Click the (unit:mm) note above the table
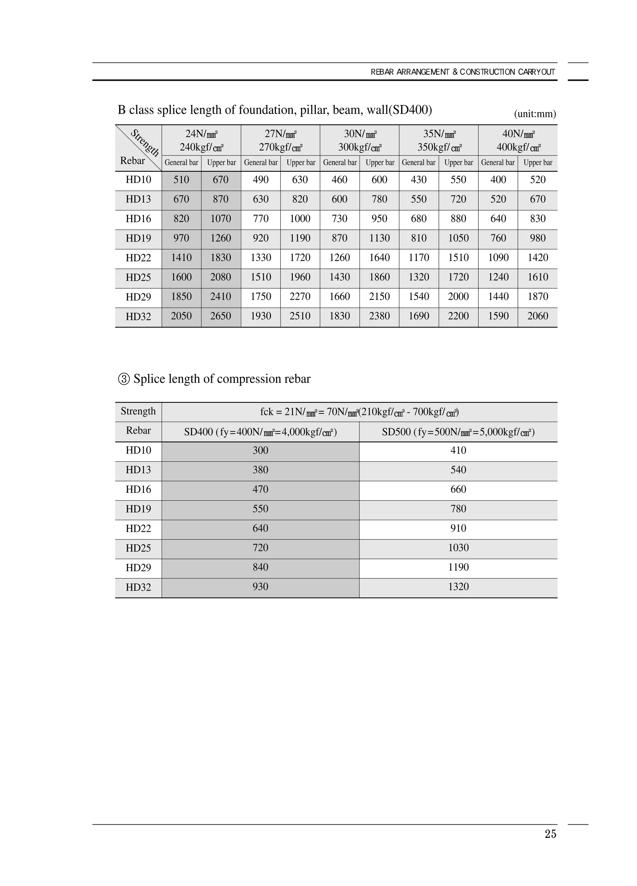click(535, 114)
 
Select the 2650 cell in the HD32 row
click(221, 316)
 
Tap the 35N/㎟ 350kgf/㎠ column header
click(439, 140)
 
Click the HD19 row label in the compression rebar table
click(138, 509)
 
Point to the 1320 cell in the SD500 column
click(458, 587)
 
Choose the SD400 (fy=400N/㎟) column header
click(260, 432)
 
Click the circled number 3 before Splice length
click(124, 379)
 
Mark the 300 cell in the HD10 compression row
click(260, 450)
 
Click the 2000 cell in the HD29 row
click(458, 296)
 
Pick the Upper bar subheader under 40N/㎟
click(538, 163)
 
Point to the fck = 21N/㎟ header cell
click(359, 412)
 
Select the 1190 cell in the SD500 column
click(458, 567)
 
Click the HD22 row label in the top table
click(138, 258)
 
